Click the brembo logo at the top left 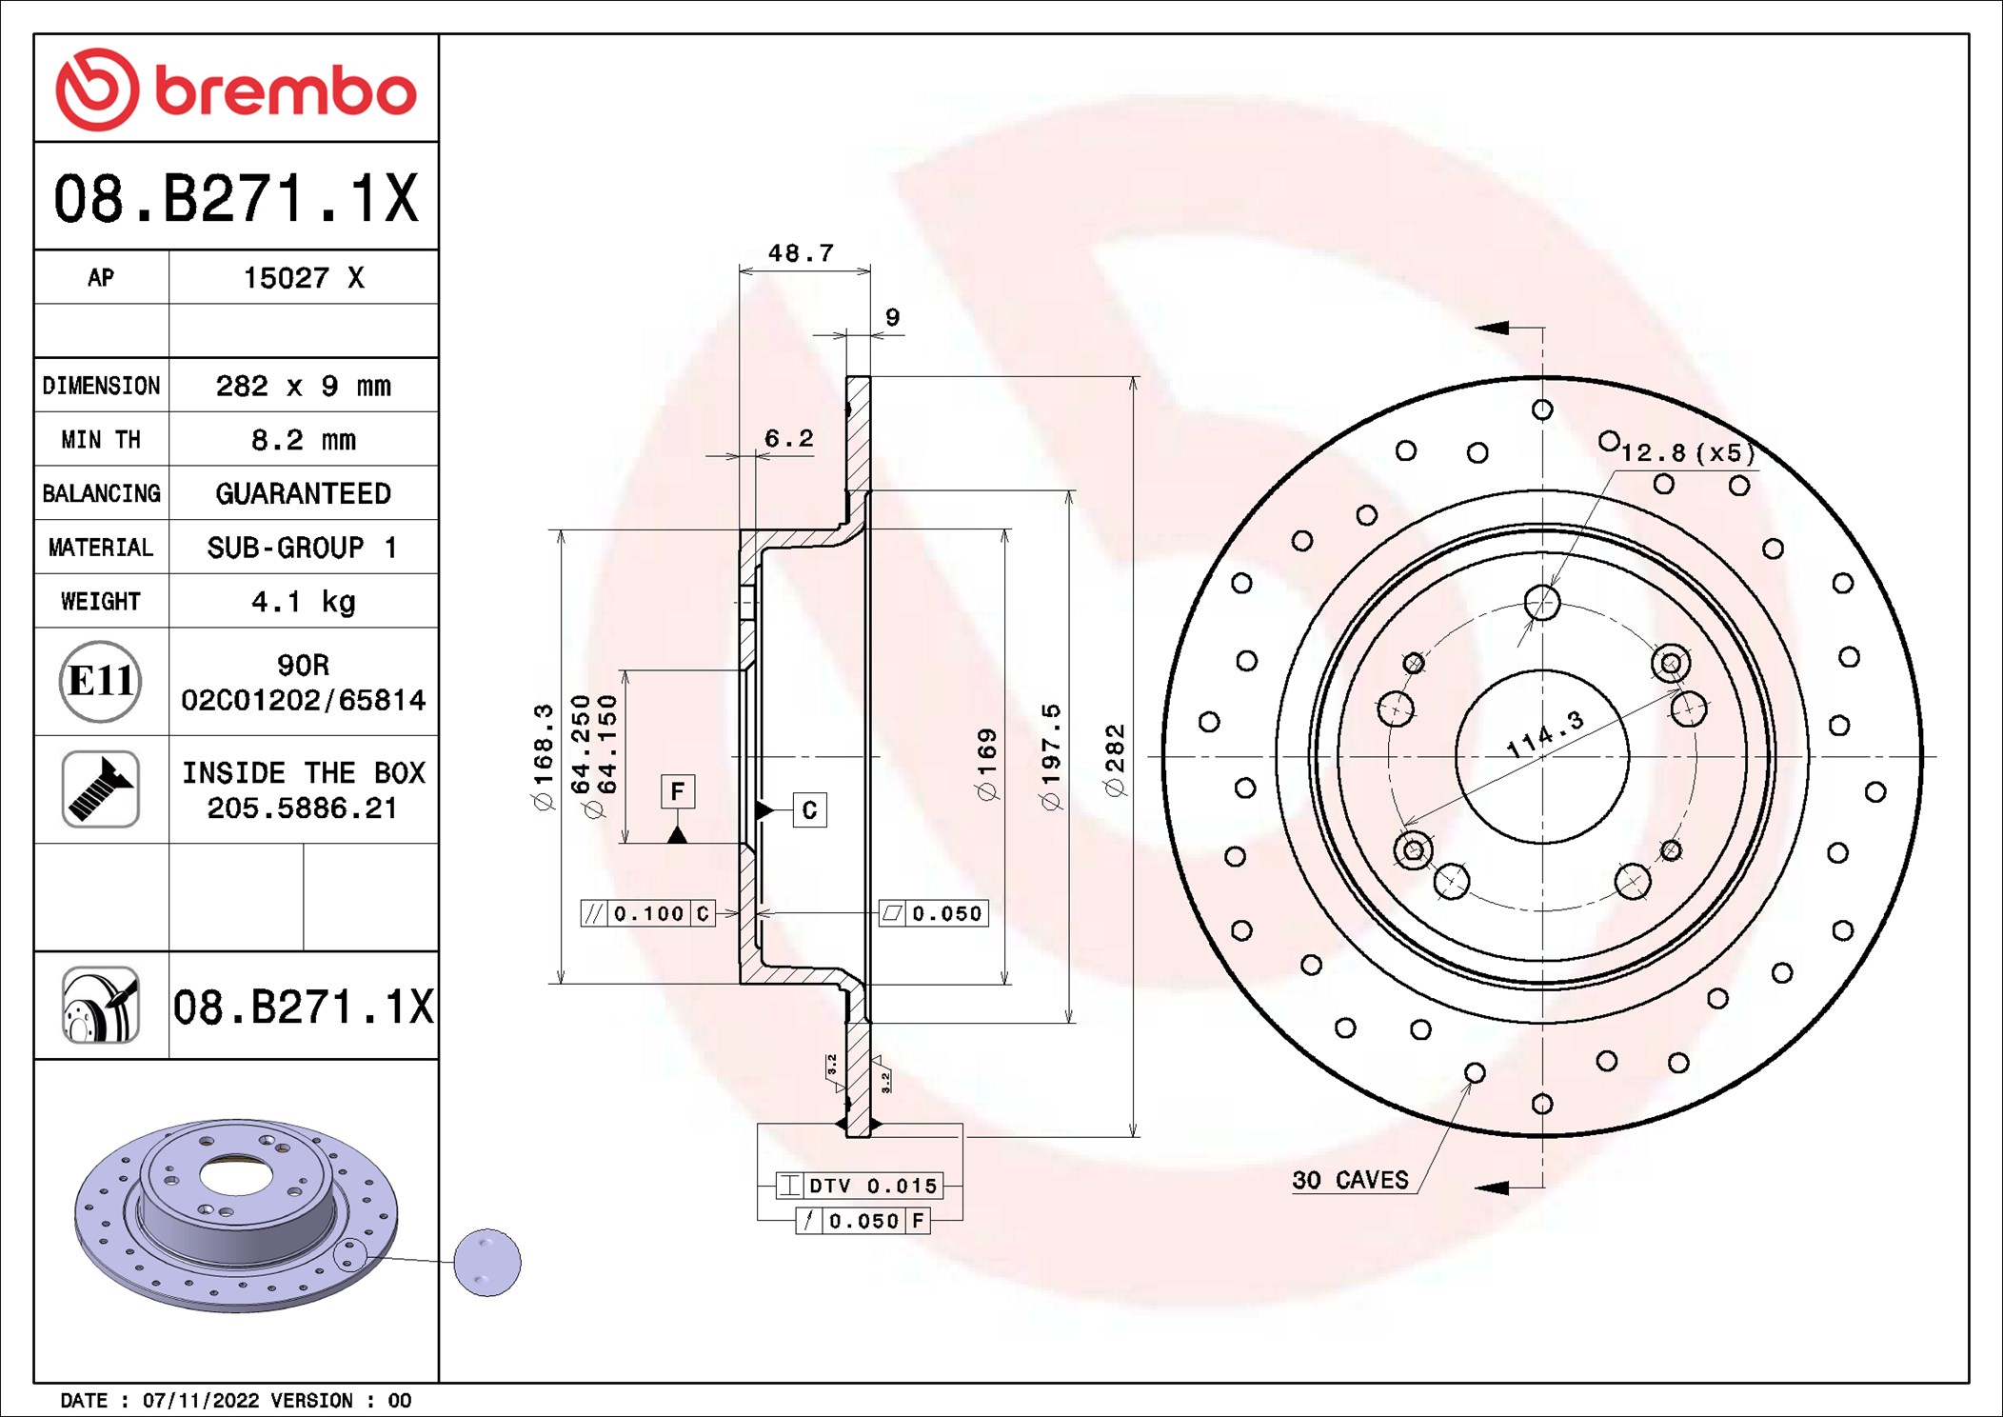[x=236, y=90]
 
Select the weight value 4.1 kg [x=303, y=602]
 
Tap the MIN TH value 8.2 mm [x=303, y=440]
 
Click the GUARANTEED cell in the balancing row [x=303, y=493]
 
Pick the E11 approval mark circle [x=100, y=681]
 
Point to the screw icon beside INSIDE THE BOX [x=100, y=788]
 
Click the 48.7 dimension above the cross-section [x=801, y=253]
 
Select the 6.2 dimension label [x=789, y=438]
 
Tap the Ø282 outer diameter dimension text [x=1115, y=760]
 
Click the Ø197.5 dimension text [x=1050, y=757]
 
